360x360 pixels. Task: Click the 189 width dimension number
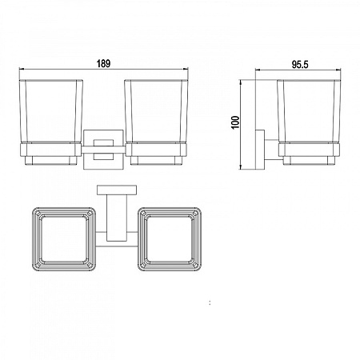click(x=103, y=64)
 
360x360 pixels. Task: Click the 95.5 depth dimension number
click(x=300, y=65)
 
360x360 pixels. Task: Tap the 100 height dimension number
click(x=236, y=122)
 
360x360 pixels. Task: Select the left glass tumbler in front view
click(x=51, y=111)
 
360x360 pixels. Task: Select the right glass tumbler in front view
click(x=156, y=111)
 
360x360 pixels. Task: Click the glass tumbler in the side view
click(x=309, y=111)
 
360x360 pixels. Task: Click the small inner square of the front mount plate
click(x=103, y=150)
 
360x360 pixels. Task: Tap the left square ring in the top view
click(x=33, y=239)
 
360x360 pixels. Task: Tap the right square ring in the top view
click(x=138, y=239)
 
